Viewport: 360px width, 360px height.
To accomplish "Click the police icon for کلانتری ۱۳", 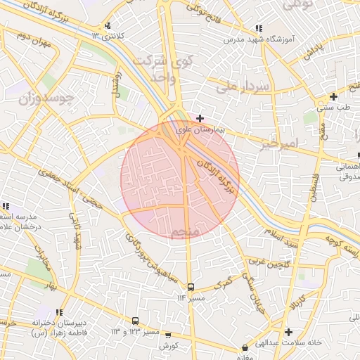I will [107, 26].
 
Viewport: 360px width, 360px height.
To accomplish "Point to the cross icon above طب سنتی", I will [333, 96].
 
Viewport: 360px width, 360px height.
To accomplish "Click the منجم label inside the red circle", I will [186, 231].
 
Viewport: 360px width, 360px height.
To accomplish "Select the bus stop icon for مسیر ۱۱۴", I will [191, 287].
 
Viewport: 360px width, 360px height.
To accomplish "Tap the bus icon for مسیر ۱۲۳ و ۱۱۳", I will [135, 321].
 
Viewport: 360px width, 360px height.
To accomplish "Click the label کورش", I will [167, 346].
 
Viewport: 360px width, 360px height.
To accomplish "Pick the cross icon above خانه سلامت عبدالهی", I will [288, 332].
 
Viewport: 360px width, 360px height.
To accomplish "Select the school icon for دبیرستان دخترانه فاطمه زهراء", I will [60, 312].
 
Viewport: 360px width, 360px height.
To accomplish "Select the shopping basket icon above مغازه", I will [245, 347].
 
